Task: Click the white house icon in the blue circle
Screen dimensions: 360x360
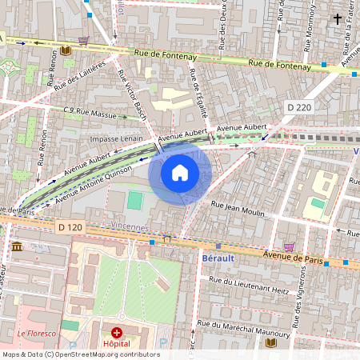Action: [x=180, y=172]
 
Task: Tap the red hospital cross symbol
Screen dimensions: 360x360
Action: [x=117, y=332]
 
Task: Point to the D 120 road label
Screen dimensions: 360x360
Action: [x=70, y=228]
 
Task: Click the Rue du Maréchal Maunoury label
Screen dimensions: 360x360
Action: [x=235, y=325]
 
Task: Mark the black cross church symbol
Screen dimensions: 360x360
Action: [x=338, y=18]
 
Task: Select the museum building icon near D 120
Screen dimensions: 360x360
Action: [x=18, y=247]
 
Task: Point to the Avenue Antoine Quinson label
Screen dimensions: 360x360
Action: [x=96, y=183]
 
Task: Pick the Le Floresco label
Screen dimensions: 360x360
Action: [x=37, y=333]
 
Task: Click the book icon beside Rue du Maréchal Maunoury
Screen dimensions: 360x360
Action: [x=271, y=342]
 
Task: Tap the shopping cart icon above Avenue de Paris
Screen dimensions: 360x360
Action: [x=289, y=247]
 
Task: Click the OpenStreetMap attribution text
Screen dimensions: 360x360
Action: [x=80, y=354]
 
